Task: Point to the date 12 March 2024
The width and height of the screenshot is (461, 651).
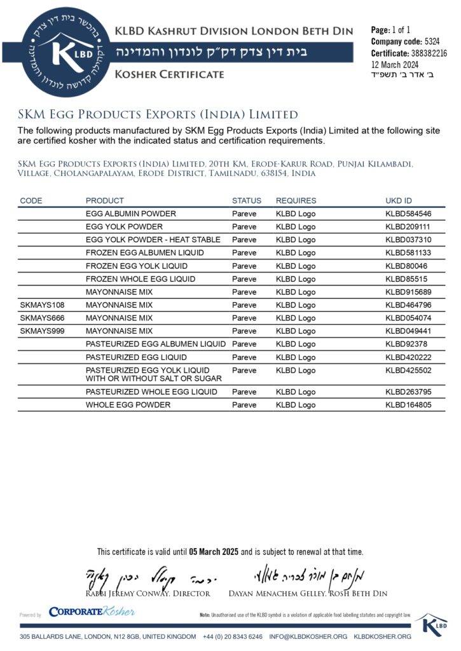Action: (x=395, y=64)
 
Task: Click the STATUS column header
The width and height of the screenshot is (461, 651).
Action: (x=246, y=201)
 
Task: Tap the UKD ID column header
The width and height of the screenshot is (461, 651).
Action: (x=399, y=201)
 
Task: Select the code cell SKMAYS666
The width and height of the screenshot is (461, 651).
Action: (x=42, y=318)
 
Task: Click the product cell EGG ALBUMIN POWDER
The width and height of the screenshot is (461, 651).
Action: (x=131, y=214)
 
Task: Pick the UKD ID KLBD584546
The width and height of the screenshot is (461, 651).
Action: (x=408, y=214)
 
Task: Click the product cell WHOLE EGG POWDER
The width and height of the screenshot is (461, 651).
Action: (x=128, y=405)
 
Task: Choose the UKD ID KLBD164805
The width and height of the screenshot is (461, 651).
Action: (x=408, y=405)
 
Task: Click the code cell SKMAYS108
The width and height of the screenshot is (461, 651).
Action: (x=42, y=305)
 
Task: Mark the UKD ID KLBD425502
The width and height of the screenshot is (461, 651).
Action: (x=408, y=370)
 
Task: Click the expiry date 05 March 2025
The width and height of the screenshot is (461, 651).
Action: (x=214, y=552)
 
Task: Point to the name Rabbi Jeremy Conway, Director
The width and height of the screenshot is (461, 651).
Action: (x=148, y=593)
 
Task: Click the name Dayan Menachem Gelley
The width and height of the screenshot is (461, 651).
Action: (x=274, y=593)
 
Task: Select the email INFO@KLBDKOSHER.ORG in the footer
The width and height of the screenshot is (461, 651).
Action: (x=308, y=636)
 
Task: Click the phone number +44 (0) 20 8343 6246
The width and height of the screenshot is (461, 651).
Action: (x=233, y=636)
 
